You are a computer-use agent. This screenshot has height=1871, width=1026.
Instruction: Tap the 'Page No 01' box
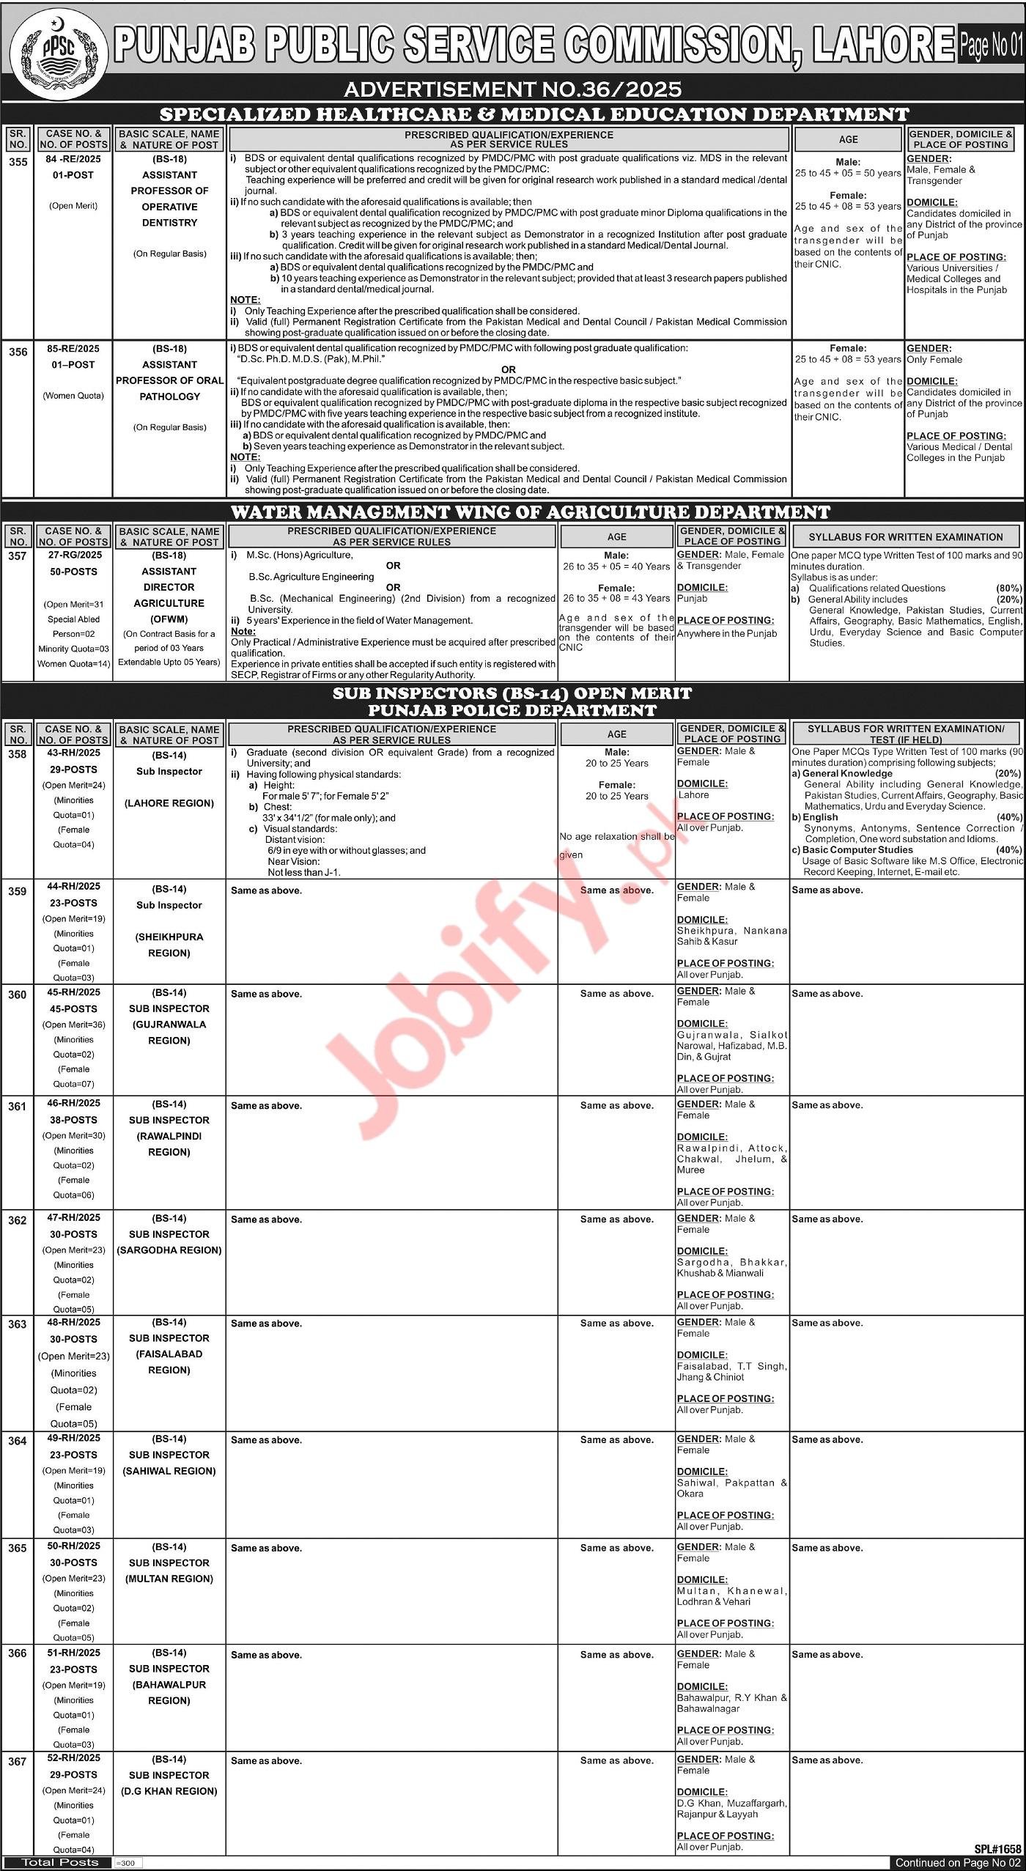[x=990, y=46]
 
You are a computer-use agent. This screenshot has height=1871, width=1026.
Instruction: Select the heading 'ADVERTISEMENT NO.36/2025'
[x=512, y=89]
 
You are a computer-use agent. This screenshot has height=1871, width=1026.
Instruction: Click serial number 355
[x=18, y=162]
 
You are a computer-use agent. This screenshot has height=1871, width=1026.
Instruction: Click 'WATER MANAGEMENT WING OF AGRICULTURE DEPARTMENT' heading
[x=512, y=512]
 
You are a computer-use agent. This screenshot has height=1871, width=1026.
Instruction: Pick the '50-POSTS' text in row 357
[x=74, y=571]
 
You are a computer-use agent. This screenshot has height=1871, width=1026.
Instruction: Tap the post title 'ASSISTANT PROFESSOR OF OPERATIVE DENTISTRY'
[x=169, y=199]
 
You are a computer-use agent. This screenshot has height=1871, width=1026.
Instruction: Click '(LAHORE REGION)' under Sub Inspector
[x=169, y=803]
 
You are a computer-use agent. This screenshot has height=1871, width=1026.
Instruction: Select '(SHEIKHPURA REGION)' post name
[x=169, y=945]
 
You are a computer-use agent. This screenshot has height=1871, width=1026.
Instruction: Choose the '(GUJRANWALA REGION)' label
[x=169, y=1033]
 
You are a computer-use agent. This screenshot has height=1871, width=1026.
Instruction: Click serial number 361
[x=18, y=1107]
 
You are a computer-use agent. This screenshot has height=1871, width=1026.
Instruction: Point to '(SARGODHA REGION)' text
[x=169, y=1250]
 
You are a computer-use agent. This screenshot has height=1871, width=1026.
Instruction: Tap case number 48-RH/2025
[x=74, y=1323]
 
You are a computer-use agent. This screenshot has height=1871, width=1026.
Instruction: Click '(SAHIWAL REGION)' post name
[x=169, y=1471]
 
